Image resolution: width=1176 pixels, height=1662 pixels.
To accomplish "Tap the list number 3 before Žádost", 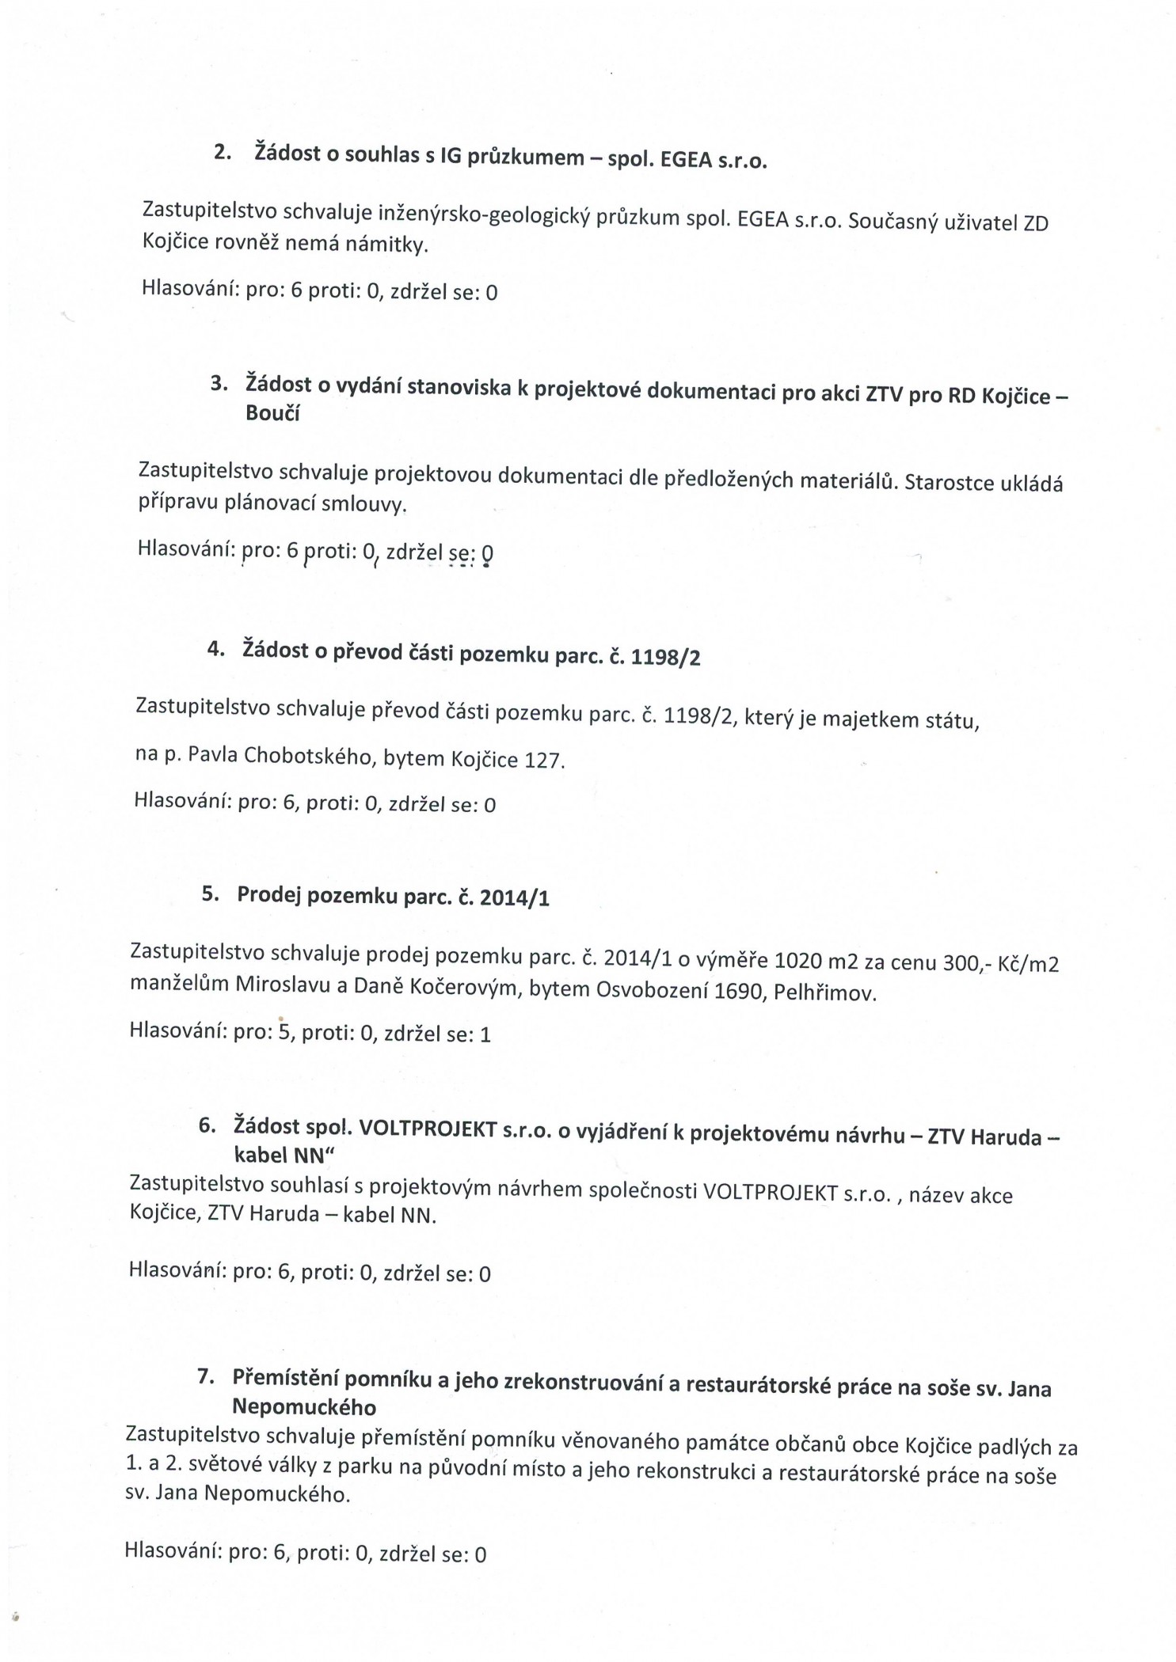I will tap(218, 384).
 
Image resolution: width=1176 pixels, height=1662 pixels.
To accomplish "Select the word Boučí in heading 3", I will tap(272, 414).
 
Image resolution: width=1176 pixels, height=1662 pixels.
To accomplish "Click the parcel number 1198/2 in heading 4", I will tap(665, 658).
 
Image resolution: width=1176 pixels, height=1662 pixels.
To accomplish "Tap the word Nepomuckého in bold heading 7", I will tap(304, 1407).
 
